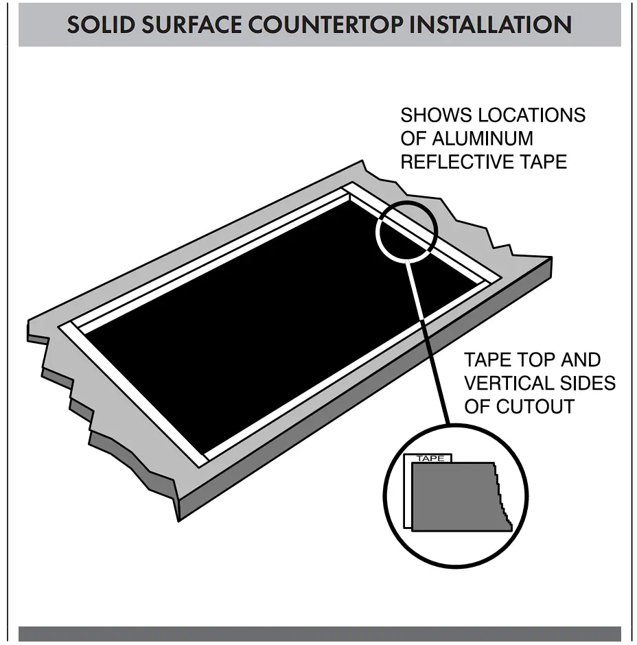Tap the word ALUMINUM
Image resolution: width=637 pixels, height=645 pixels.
(482, 139)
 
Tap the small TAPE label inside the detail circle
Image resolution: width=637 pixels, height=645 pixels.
(430, 458)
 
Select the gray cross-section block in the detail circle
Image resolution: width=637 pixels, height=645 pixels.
(453, 497)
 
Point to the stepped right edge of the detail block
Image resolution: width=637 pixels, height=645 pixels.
(505, 504)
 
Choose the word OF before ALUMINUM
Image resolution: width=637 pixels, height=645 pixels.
(414, 139)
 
